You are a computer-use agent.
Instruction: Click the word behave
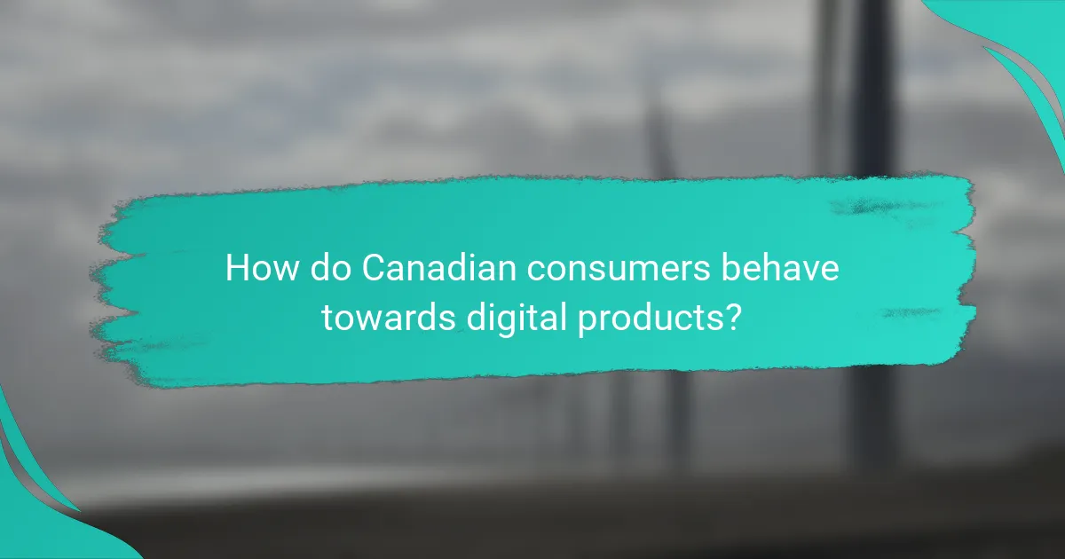click(x=785, y=268)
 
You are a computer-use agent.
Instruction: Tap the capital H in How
click(x=236, y=268)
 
